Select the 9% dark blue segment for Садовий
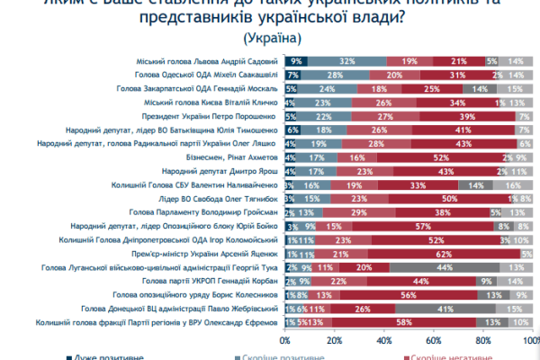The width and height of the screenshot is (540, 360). click(296, 60)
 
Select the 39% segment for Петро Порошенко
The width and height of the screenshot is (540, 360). click(467, 115)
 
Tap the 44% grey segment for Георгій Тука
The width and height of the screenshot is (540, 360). click(443, 268)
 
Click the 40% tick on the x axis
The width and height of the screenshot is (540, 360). click(383, 341)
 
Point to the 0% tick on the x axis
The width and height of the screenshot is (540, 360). click(286, 341)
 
